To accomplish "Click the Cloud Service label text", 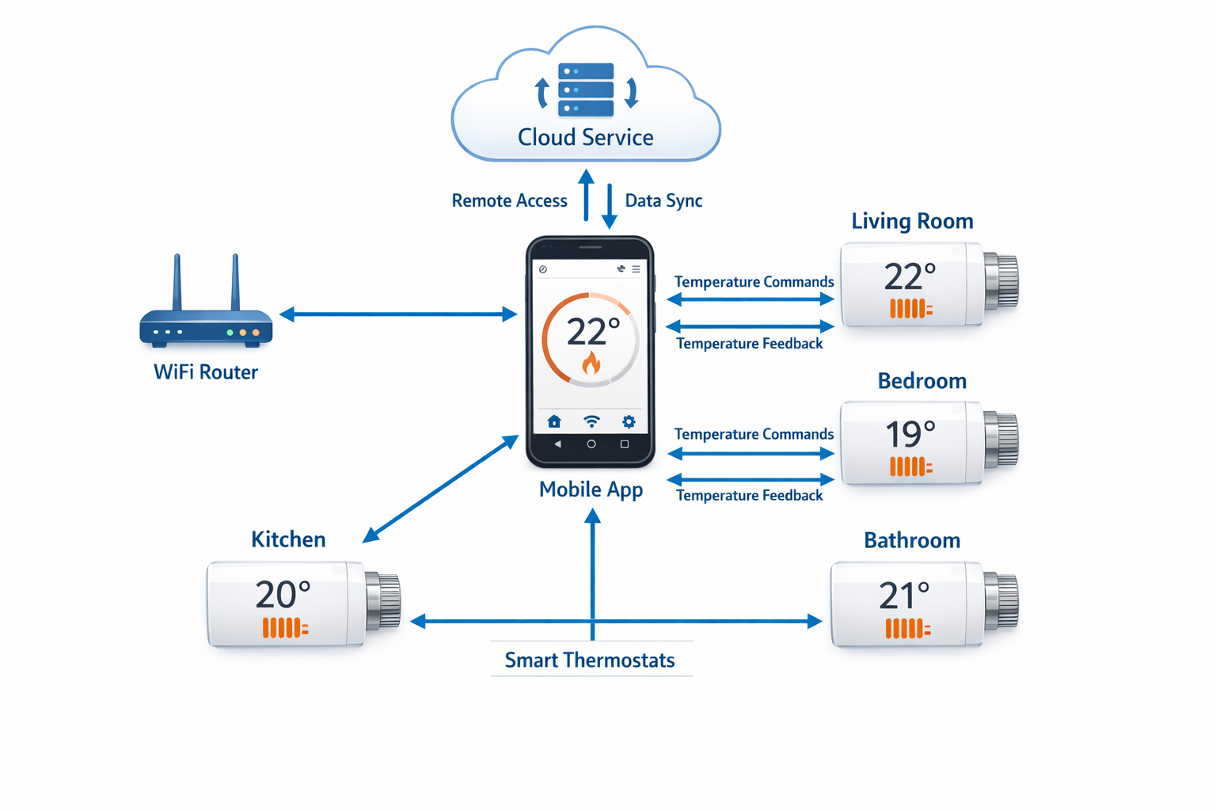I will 585,137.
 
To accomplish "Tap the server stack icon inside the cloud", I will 586,90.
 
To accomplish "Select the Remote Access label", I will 509,201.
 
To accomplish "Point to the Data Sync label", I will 663,201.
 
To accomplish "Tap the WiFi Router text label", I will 206,372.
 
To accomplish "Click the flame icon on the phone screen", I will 591,363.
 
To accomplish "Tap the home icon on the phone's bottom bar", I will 554,421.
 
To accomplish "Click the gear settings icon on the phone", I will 629,421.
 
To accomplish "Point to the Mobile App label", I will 591,489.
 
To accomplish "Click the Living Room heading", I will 912,221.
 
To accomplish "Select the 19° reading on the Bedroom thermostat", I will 910,434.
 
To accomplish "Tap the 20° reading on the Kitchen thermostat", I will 283,595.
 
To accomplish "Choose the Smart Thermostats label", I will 590,661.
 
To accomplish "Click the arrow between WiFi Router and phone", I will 398,314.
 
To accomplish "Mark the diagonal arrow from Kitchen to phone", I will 441,489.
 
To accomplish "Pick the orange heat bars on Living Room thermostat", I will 910,309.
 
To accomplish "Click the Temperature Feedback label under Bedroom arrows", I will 749,496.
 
